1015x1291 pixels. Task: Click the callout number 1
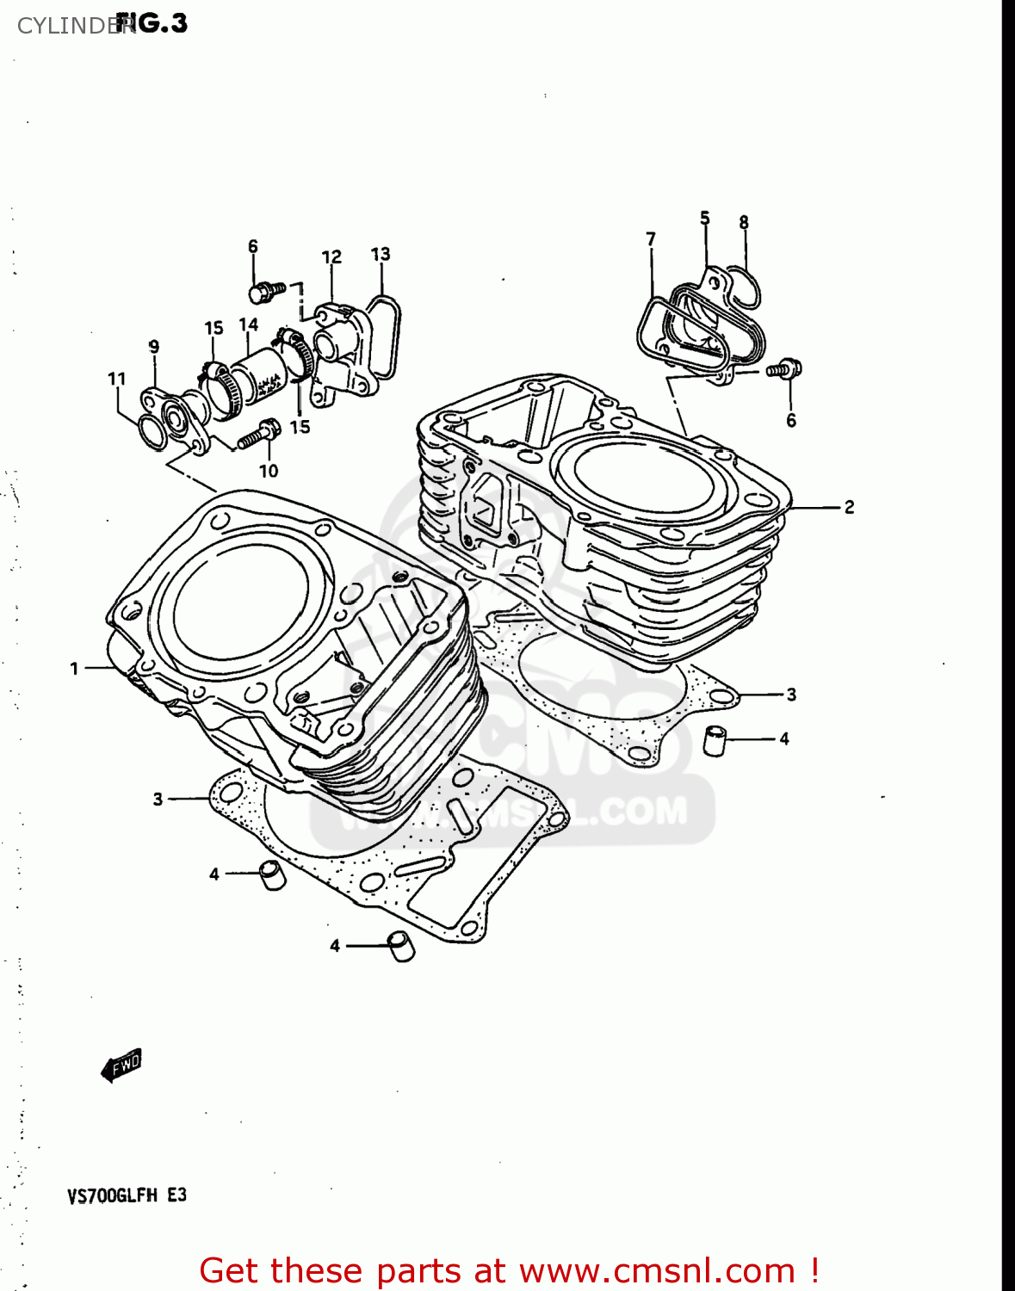point(74,668)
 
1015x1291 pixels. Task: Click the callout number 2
point(849,507)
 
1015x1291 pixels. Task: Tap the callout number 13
point(381,254)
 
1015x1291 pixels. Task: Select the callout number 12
point(331,256)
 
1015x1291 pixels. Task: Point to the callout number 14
point(249,324)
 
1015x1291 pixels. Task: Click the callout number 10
point(269,471)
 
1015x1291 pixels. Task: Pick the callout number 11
point(117,379)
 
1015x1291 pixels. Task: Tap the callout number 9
point(154,347)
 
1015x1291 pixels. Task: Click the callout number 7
point(651,238)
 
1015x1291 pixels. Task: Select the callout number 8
point(744,222)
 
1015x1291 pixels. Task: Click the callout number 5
point(705,218)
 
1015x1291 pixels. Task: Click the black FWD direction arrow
point(121,1066)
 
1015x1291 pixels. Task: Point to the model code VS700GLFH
point(113,1195)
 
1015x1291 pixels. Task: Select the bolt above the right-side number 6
point(786,369)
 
